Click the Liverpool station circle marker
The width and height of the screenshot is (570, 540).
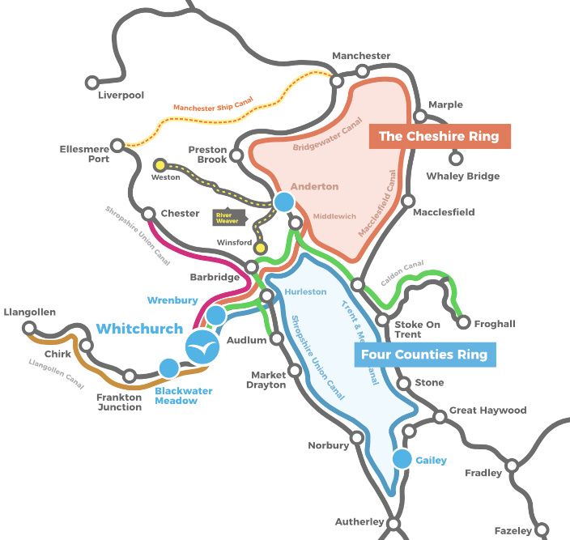click(92, 82)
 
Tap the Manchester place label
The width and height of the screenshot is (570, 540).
click(361, 56)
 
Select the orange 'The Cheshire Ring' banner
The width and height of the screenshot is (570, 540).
click(440, 136)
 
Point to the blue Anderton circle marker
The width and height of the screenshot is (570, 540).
click(284, 202)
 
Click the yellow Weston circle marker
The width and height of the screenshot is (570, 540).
click(160, 164)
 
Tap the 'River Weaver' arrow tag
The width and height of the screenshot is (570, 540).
click(228, 218)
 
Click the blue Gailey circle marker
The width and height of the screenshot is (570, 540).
click(402, 459)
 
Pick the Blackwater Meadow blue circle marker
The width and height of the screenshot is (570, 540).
click(168, 368)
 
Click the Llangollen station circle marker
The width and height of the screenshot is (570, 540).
click(31, 329)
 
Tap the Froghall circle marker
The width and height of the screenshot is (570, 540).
click(463, 322)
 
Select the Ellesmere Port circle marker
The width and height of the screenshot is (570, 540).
click(118, 145)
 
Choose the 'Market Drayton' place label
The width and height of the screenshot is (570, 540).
click(268, 380)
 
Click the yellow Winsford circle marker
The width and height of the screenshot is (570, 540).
click(261, 247)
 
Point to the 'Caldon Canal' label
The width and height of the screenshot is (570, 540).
click(402, 266)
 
